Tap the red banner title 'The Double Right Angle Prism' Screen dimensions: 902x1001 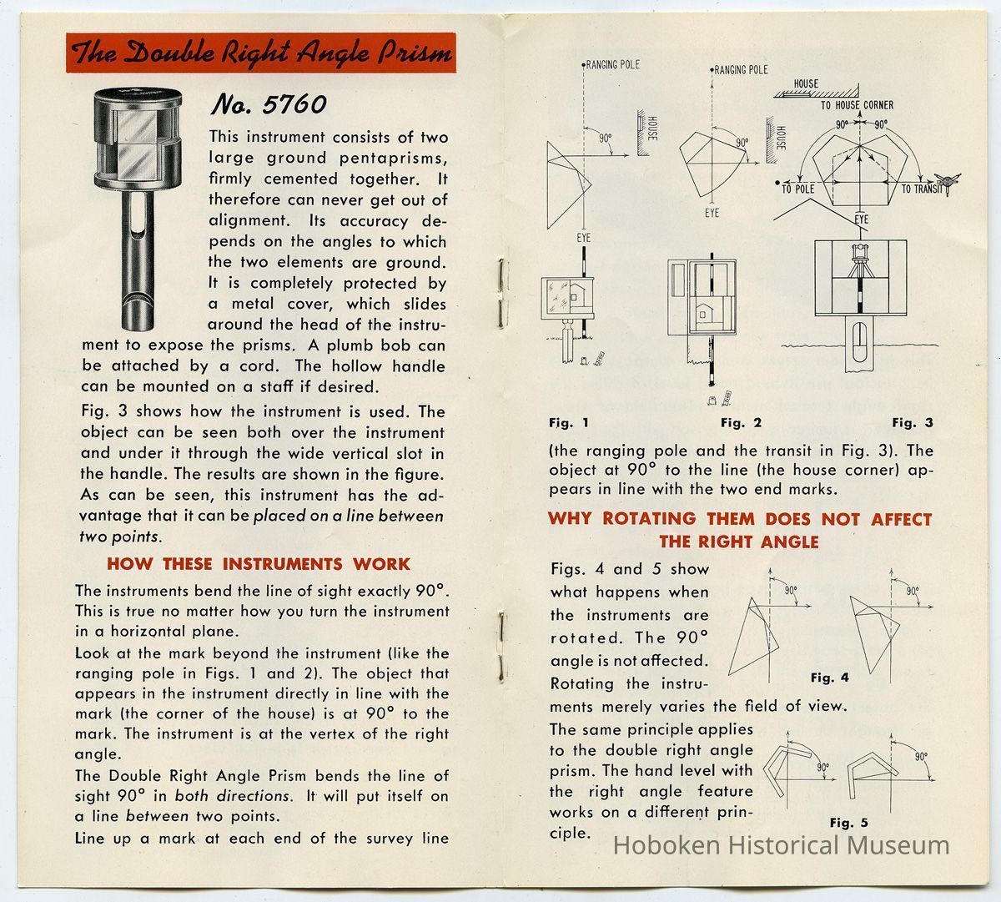tap(262, 54)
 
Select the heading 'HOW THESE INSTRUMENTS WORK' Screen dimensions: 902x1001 tap(259, 564)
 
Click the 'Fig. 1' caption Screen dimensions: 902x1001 tap(569, 423)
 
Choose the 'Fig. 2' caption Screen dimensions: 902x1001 tap(741, 423)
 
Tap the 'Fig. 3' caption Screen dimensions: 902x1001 tap(913, 423)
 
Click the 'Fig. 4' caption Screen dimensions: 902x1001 tap(829, 678)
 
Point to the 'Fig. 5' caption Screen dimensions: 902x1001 tap(849, 823)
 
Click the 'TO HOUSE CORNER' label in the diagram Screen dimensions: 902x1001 tap(856, 105)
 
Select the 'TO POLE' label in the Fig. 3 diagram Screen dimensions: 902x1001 tap(797, 189)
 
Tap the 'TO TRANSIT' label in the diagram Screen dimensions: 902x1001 tap(921, 189)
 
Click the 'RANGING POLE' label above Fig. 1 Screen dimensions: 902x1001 tap(612, 64)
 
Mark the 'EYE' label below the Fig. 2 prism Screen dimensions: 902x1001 tap(711, 214)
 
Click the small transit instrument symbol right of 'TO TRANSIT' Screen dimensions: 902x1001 tap(948, 182)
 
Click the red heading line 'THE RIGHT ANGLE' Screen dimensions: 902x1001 tap(739, 542)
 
